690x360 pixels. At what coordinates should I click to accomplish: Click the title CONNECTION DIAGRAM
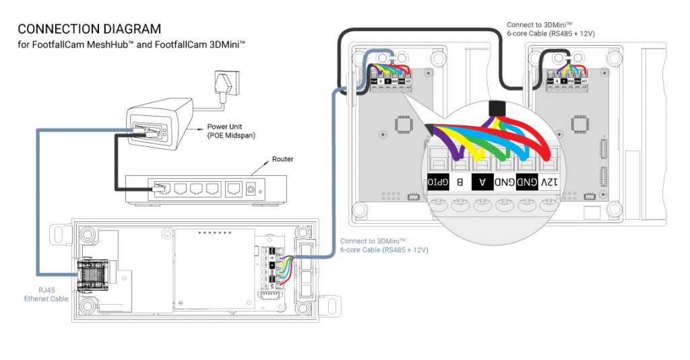click(x=90, y=29)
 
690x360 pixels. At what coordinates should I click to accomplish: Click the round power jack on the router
click(x=253, y=189)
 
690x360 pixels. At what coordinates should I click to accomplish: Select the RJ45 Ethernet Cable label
click(x=45, y=294)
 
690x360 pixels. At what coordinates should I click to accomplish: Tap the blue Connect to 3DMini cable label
click(x=383, y=245)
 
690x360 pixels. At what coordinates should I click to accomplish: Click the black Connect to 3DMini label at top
click(x=549, y=29)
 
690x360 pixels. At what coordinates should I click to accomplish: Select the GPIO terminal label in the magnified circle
click(x=438, y=183)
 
